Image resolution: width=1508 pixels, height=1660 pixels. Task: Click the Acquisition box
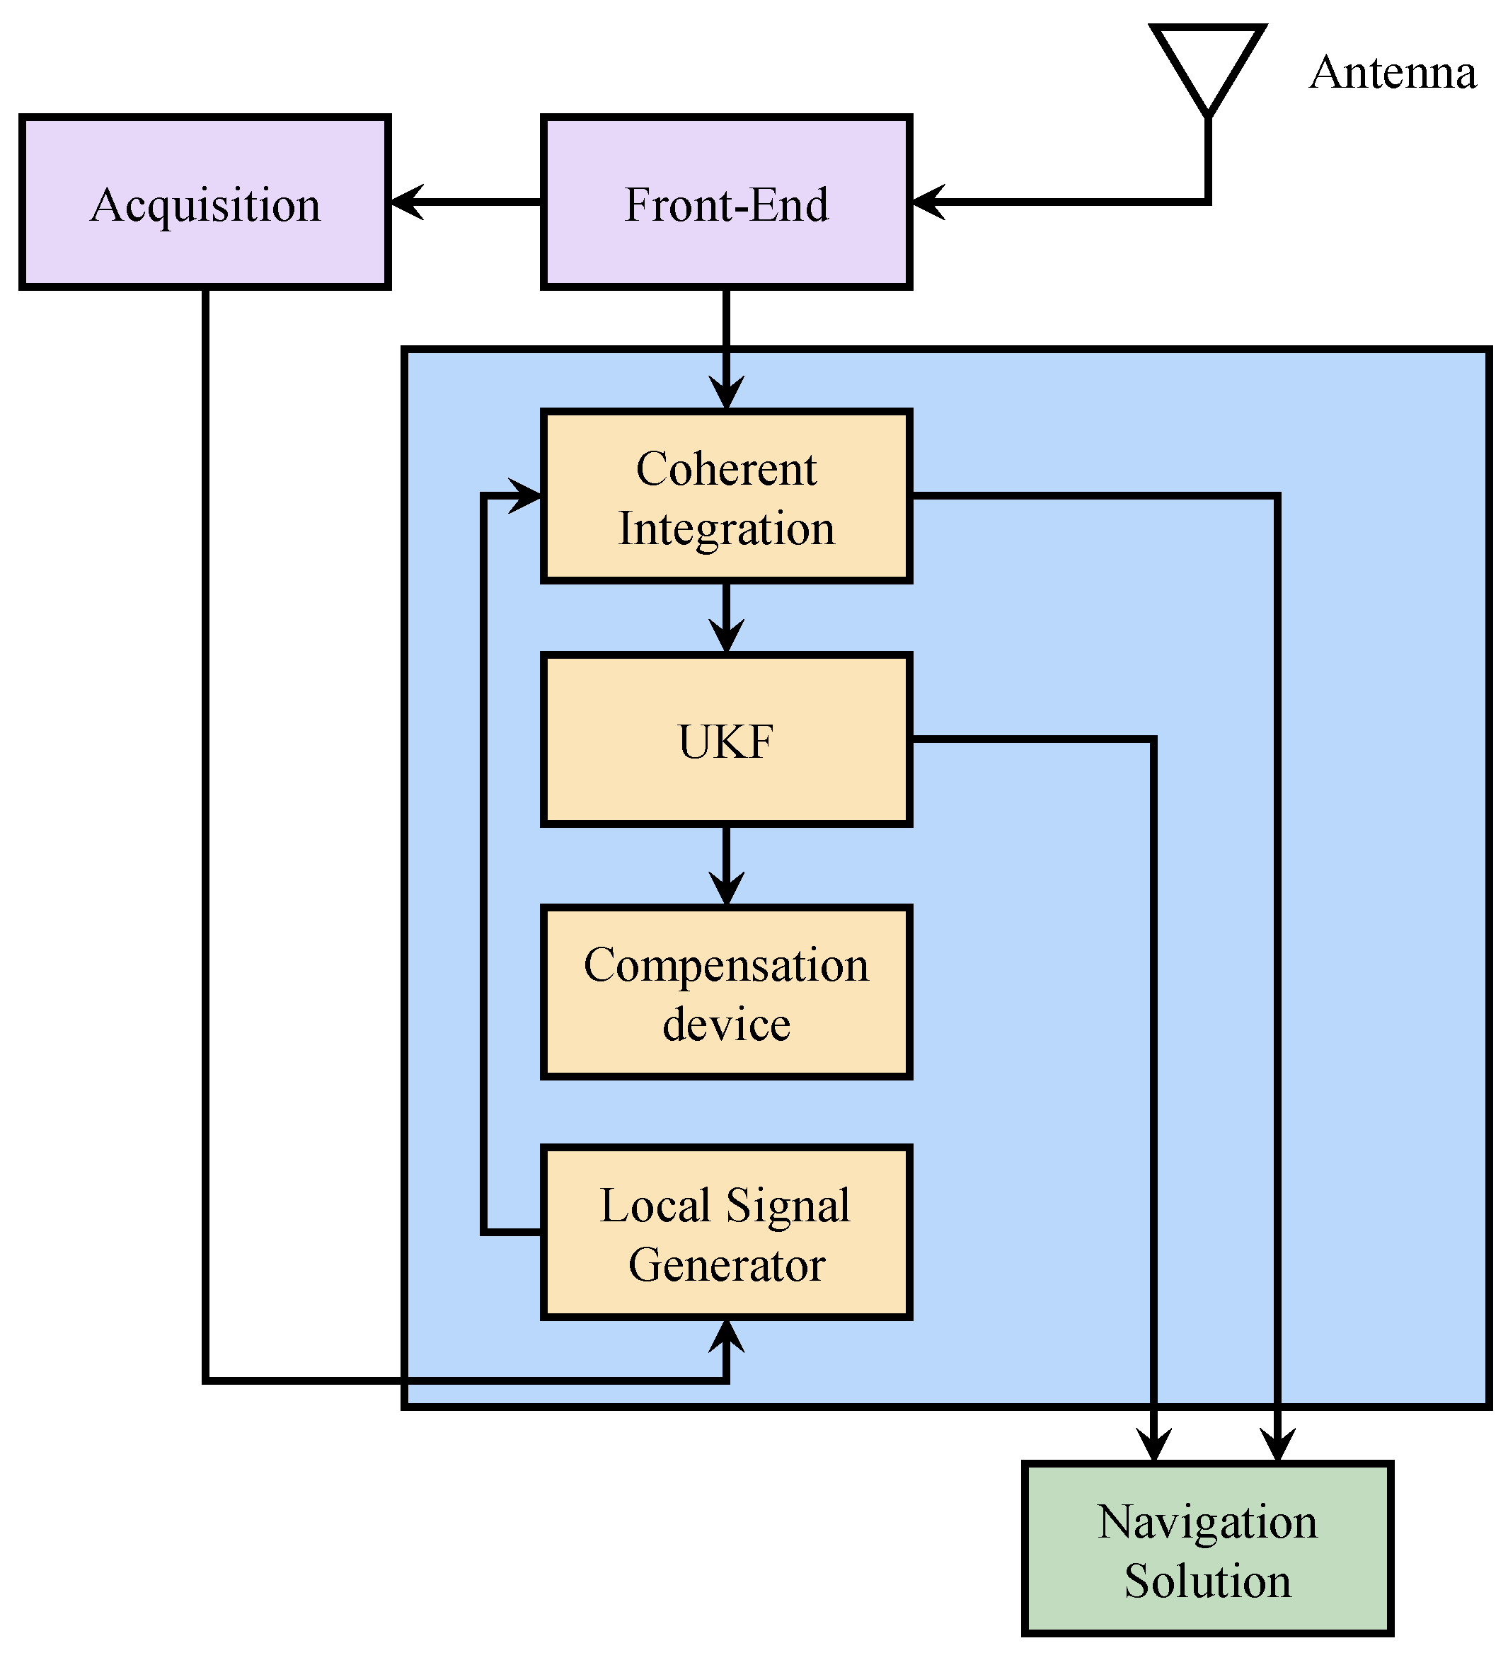click(205, 202)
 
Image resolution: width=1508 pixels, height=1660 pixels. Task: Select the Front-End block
click(725, 202)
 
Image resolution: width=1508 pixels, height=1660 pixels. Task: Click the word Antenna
click(1392, 72)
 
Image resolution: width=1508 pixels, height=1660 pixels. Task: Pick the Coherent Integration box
click(725, 497)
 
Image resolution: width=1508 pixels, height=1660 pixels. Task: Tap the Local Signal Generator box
click(725, 1233)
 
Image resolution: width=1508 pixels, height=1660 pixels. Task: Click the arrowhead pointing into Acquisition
click(405, 202)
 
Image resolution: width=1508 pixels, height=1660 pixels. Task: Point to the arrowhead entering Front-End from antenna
click(927, 202)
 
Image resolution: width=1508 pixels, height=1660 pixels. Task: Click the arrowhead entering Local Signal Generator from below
click(725, 1336)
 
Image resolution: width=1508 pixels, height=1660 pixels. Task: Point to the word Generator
click(725, 1264)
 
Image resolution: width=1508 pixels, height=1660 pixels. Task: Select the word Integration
click(725, 529)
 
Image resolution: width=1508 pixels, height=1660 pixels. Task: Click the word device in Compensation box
click(725, 1025)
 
